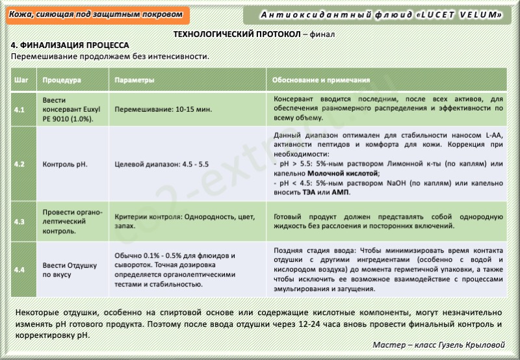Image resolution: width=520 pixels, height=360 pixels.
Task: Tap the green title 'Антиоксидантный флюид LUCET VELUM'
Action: (382, 14)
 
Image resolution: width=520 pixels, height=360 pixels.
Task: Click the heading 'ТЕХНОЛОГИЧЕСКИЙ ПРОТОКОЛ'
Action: (238, 33)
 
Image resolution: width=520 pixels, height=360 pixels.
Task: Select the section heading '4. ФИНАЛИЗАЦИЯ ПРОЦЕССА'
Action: (70, 45)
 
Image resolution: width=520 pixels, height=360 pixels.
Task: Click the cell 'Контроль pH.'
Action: (64, 164)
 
